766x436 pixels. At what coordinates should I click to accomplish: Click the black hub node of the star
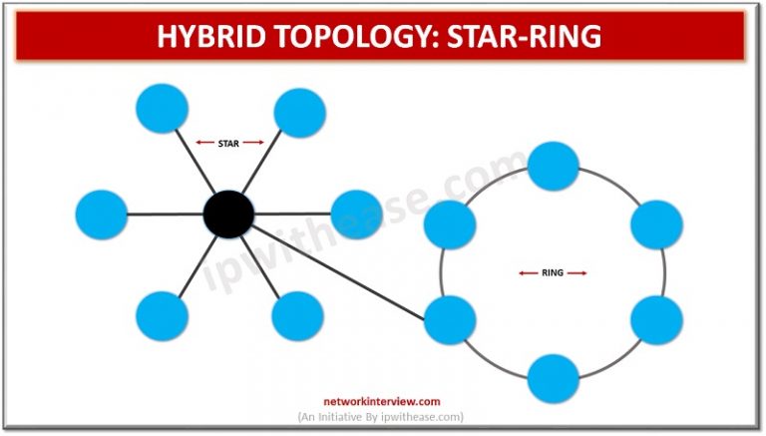coord(228,214)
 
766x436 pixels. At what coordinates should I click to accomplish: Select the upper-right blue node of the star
coord(298,113)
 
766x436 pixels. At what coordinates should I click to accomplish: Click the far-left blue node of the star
coord(102,215)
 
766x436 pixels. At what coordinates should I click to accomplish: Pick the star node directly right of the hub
coord(356,215)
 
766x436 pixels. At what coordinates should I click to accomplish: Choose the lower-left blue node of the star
coord(162,316)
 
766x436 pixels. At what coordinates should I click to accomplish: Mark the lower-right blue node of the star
coord(297,316)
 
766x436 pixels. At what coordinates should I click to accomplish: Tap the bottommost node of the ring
coord(554,378)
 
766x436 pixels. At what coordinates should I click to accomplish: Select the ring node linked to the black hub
coord(449,320)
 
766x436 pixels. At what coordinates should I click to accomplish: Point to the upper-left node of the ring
coord(449,224)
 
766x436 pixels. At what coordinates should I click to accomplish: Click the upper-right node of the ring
coord(656,224)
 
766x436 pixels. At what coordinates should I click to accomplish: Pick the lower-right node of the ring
coord(656,320)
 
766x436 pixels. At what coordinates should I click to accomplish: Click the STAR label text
coord(228,143)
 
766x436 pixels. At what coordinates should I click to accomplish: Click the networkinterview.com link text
coord(382,401)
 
